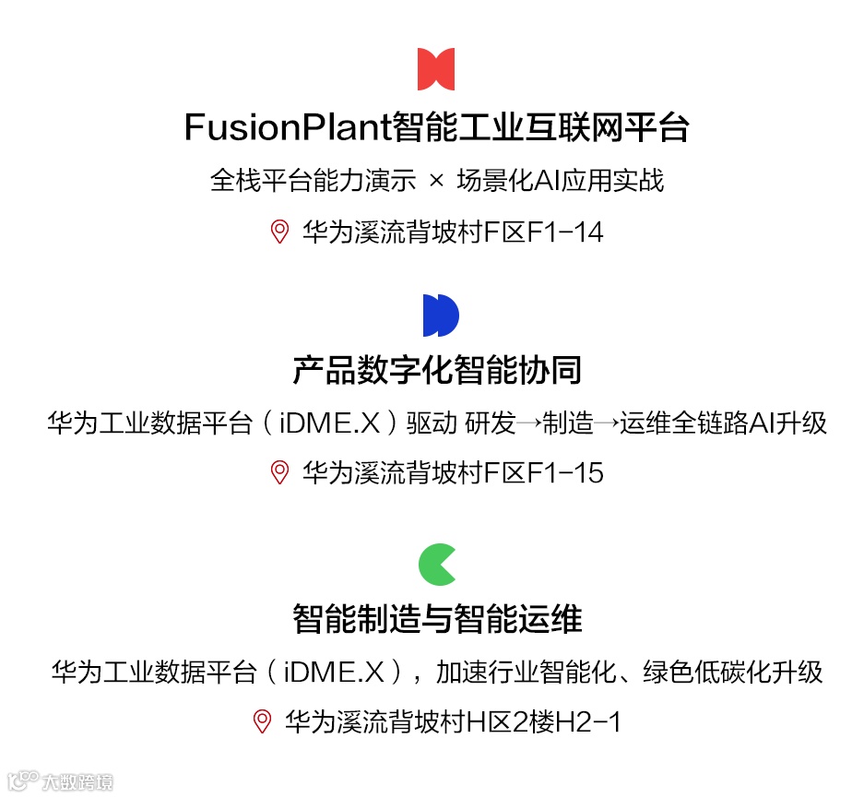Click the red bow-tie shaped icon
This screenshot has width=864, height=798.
click(436, 69)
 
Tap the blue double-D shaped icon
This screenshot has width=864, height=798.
click(441, 316)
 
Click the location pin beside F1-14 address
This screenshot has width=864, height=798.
click(279, 232)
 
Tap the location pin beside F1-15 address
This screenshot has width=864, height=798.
click(279, 472)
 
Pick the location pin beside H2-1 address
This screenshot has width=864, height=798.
click(263, 721)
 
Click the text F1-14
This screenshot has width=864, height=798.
click(564, 232)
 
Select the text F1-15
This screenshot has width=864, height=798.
click(564, 473)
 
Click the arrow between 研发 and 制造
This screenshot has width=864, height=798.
click(529, 424)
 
